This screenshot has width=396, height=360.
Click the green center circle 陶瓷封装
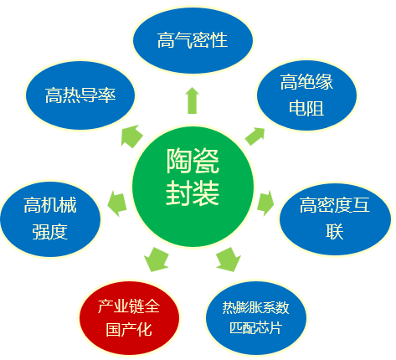point(193,187)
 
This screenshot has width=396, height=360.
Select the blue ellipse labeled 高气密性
point(193,41)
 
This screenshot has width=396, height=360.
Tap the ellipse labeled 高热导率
point(80,95)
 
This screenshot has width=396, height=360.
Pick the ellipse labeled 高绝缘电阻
point(306,95)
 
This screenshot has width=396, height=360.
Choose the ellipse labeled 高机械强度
point(50,219)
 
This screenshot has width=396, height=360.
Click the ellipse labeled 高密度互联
point(335,219)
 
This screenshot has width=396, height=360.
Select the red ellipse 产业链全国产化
point(129,318)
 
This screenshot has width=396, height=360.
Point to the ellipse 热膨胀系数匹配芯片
point(255,318)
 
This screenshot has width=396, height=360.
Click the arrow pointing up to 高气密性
point(193,100)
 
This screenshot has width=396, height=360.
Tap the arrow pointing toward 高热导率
point(131,136)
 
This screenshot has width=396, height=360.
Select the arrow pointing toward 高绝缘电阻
point(255,136)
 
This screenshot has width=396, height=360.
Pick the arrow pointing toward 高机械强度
point(117,203)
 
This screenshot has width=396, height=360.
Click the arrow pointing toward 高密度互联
point(265,203)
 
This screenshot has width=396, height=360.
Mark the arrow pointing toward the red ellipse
point(157,260)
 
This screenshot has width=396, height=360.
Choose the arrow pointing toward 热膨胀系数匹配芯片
point(229,260)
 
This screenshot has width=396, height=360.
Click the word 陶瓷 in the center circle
point(193,161)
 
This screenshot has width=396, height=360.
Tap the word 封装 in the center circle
point(193,193)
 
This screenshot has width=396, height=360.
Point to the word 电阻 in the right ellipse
point(306,108)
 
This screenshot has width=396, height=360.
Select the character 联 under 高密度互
point(335,231)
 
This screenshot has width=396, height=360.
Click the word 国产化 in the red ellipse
point(129,330)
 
